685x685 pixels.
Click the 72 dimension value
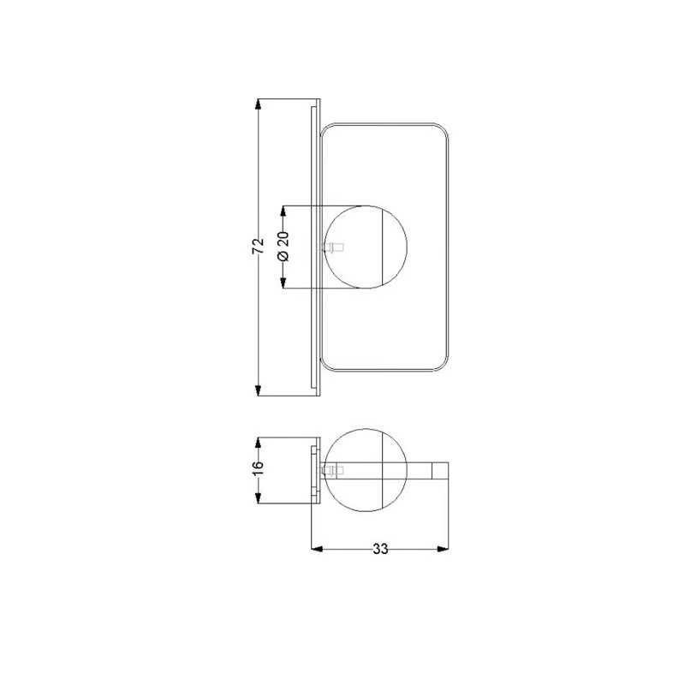click(x=259, y=246)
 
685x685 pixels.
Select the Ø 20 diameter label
click(x=283, y=246)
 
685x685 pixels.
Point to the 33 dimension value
click(x=380, y=549)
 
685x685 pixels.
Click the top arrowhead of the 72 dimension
click(x=259, y=104)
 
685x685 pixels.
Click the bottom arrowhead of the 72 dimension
click(x=259, y=390)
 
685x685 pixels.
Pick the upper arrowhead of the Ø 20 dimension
click(x=283, y=211)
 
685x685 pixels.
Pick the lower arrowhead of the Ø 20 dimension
click(x=283, y=283)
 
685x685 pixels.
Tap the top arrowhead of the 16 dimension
click(x=259, y=443)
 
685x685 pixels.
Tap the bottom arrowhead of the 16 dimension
click(x=259, y=497)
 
